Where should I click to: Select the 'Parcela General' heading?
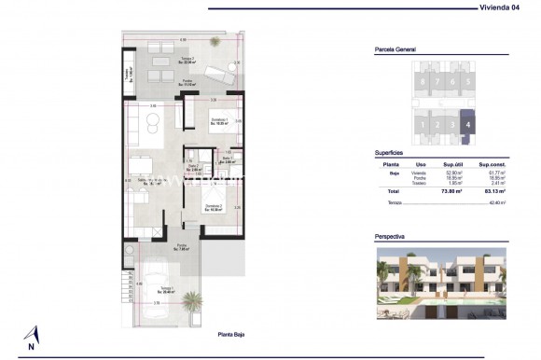point(394,51)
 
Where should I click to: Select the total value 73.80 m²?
point(454,190)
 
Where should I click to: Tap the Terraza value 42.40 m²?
point(498,201)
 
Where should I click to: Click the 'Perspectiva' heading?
point(389,237)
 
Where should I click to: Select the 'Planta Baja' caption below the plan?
point(233,334)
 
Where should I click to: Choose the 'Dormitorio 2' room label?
point(214,207)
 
